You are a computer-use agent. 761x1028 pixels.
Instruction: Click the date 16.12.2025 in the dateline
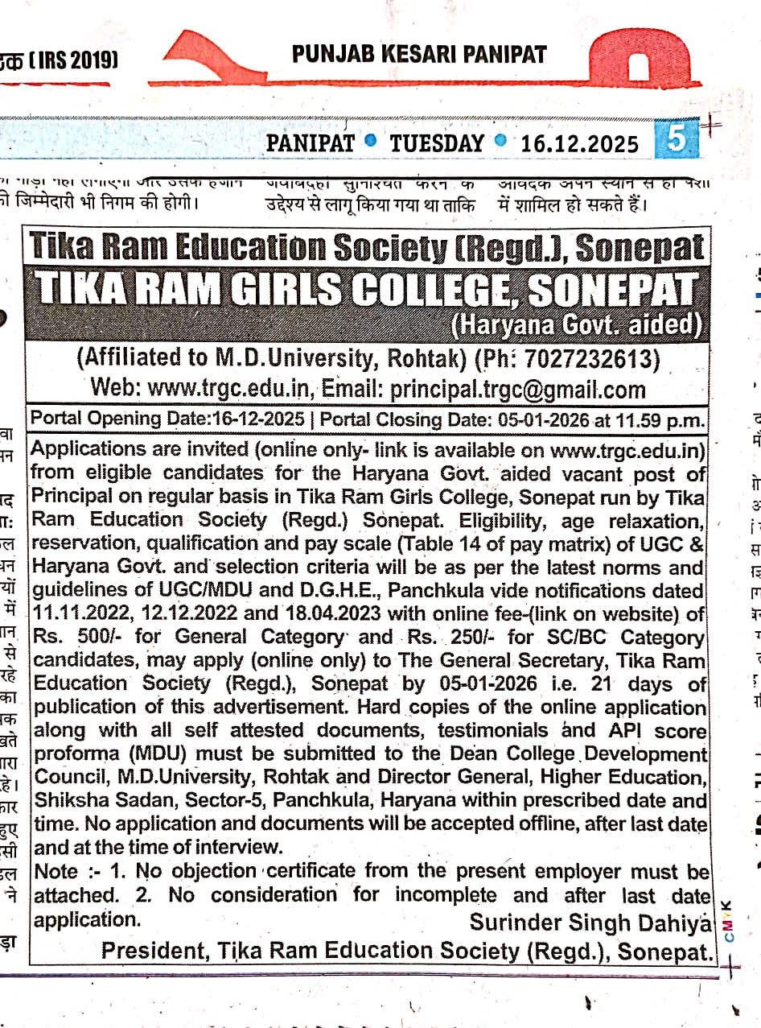tap(579, 143)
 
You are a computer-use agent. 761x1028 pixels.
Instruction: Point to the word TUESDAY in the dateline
tap(437, 143)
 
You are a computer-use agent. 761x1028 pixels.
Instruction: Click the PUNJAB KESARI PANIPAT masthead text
tap(419, 55)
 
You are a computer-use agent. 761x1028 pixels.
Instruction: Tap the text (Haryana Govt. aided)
tap(576, 326)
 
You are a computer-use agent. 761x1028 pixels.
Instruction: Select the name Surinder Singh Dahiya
tap(591, 922)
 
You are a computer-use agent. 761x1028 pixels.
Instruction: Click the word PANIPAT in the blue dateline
tap(310, 143)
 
